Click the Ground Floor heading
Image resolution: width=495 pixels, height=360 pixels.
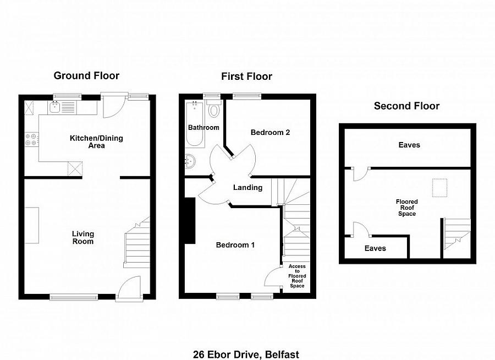pyautogui.click(x=86, y=76)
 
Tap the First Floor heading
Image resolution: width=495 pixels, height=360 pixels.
pyautogui.click(x=246, y=77)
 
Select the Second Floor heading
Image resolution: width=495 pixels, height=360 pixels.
pyautogui.click(x=406, y=106)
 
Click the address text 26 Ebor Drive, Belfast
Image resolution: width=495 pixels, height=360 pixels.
pyautogui.click(x=246, y=354)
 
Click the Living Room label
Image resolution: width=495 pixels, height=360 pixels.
pyautogui.click(x=82, y=237)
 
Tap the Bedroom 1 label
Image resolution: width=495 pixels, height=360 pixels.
pyautogui.click(x=235, y=245)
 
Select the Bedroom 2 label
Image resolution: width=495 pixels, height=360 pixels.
pyautogui.click(x=270, y=133)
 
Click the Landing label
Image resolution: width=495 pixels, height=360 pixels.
pyautogui.click(x=248, y=188)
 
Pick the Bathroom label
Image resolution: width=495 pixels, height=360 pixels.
pyautogui.click(x=204, y=128)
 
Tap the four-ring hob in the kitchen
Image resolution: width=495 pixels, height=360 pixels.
pyautogui.click(x=31, y=139)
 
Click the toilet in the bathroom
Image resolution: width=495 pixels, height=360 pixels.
pyautogui.click(x=214, y=110)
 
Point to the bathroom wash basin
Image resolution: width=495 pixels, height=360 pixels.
pyautogui.click(x=190, y=161)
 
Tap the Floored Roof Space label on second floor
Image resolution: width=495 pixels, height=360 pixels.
pyautogui.click(x=406, y=208)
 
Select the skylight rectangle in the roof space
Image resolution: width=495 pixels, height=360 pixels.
pyautogui.click(x=440, y=188)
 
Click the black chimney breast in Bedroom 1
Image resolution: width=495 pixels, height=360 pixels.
pyautogui.click(x=190, y=221)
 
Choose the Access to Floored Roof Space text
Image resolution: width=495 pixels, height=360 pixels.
pyautogui.click(x=297, y=276)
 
